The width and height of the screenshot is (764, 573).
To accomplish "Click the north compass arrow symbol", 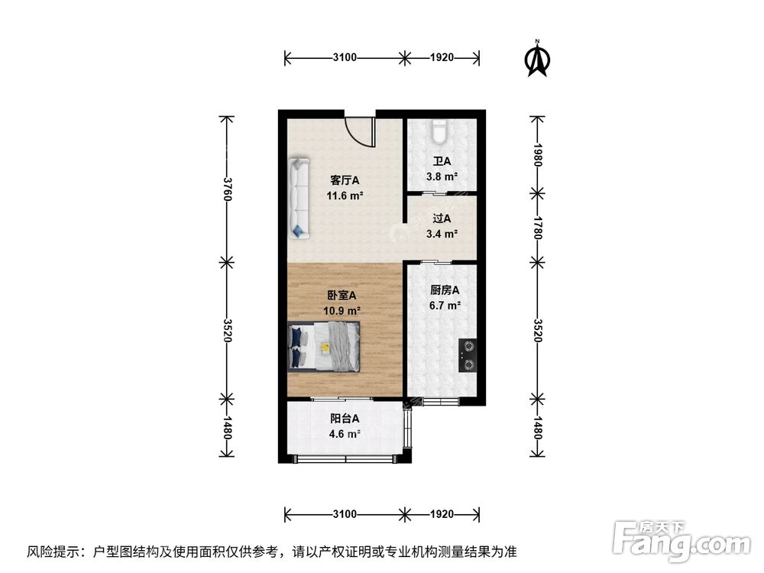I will [538, 60].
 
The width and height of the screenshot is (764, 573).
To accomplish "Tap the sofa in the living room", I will [299, 197].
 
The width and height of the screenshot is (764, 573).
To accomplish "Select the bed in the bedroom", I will [324, 348].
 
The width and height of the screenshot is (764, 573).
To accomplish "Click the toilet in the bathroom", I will [439, 133].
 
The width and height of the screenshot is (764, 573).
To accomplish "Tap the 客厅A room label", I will [345, 180].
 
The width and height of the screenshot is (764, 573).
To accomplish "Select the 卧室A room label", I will [342, 296].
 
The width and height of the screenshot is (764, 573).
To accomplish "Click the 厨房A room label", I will [444, 290].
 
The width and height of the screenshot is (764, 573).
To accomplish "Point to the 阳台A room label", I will [345, 419].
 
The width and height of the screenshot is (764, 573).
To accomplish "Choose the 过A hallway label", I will [442, 219].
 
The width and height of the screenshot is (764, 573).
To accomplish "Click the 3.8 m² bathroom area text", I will [442, 176].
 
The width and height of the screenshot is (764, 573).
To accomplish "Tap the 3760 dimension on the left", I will [226, 189].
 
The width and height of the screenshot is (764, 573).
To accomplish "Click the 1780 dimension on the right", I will [538, 227].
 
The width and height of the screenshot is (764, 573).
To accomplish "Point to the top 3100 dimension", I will [345, 57].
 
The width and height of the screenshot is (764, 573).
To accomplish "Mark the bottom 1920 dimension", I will [442, 513].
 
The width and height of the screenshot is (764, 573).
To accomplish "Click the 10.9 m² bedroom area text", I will [342, 311].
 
